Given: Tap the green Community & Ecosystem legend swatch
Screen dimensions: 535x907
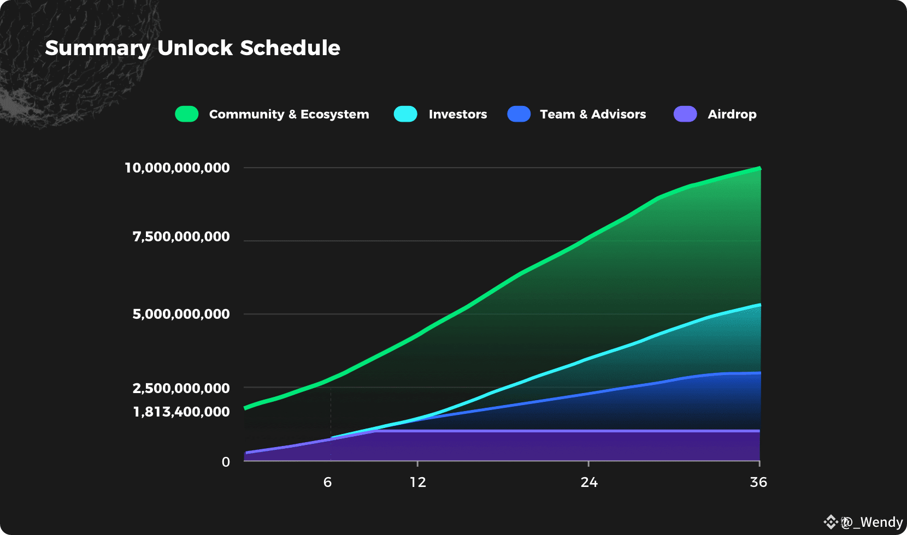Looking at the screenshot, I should click(187, 114).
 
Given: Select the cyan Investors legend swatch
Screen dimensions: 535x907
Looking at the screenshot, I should click(405, 114).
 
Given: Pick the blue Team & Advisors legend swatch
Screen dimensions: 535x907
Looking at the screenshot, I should click(519, 114).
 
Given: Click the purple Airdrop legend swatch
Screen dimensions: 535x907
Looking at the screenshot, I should click(685, 114).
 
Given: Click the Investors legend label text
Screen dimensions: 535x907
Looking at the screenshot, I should click(457, 114).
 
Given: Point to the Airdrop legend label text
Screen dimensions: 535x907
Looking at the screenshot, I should click(732, 114).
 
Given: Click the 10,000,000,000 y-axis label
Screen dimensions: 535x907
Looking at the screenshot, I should click(177, 168).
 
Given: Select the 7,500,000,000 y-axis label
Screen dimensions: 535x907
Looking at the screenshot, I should click(181, 236).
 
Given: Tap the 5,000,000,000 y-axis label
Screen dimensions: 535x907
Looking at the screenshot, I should click(181, 314).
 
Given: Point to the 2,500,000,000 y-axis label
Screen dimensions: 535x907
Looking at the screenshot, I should click(181, 388).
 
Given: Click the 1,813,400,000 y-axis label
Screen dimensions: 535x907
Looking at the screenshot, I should click(181, 412).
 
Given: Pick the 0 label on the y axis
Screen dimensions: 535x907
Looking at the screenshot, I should click(226, 462).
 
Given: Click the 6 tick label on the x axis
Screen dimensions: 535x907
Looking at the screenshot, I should click(327, 482).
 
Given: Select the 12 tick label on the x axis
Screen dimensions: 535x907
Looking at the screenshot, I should click(417, 482).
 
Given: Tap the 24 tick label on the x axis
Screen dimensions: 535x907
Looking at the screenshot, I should click(589, 482).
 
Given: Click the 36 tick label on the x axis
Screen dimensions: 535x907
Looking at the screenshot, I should click(758, 482).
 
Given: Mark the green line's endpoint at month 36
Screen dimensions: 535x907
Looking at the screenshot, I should click(759, 168).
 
